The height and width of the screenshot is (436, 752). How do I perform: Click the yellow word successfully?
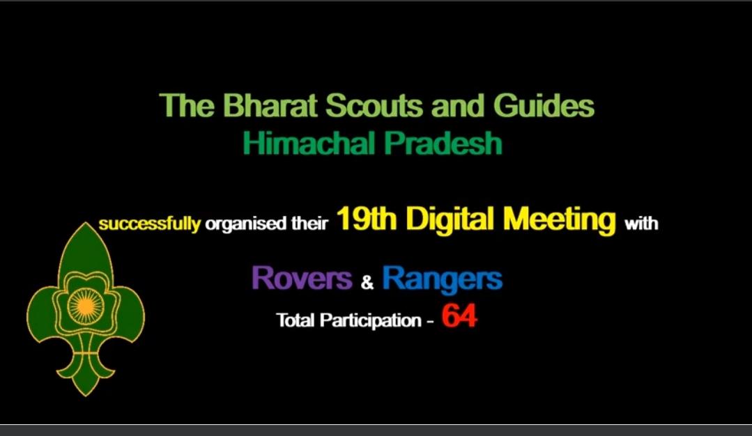[149, 225]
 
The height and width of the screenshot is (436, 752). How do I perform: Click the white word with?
[641, 225]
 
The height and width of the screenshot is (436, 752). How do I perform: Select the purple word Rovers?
[301, 279]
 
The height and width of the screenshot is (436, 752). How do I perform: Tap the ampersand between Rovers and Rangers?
[367, 283]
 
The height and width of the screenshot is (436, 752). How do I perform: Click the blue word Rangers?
[442, 279]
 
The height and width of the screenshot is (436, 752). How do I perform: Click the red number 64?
[459, 317]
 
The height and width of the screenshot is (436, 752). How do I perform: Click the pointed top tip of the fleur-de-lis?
[85, 225]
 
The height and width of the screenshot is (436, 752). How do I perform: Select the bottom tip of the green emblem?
[85, 394]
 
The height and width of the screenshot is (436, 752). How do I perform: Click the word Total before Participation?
[296, 321]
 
